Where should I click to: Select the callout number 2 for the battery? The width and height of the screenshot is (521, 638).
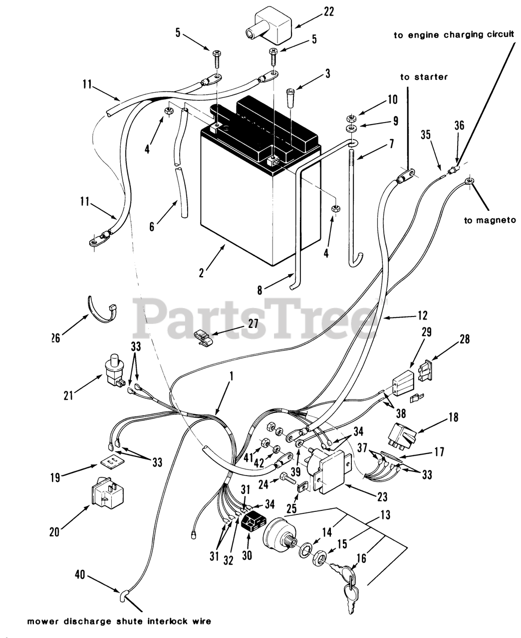[202, 273]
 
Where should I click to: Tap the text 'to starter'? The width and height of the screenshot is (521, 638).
[424, 77]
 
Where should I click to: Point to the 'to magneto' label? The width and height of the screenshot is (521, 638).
[490, 220]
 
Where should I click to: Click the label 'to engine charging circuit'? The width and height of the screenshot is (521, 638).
[453, 35]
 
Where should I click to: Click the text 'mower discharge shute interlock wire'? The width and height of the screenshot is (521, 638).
[119, 621]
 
